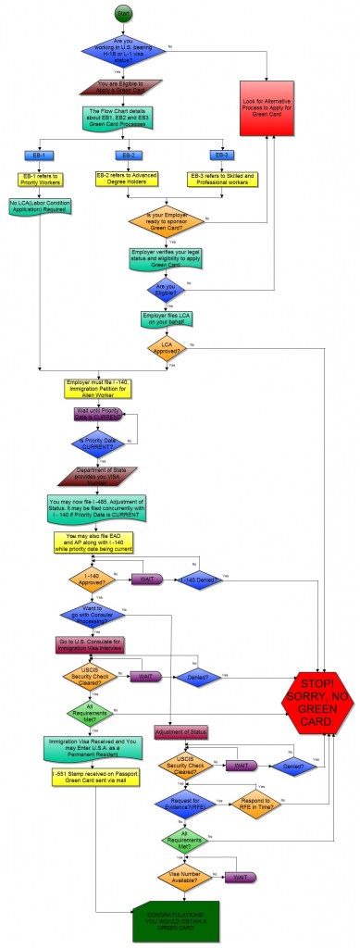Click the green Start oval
point(124,13)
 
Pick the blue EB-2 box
point(125,155)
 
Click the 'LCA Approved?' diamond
point(168,349)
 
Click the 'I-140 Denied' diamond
point(202,580)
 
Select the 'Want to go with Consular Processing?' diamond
point(96,614)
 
